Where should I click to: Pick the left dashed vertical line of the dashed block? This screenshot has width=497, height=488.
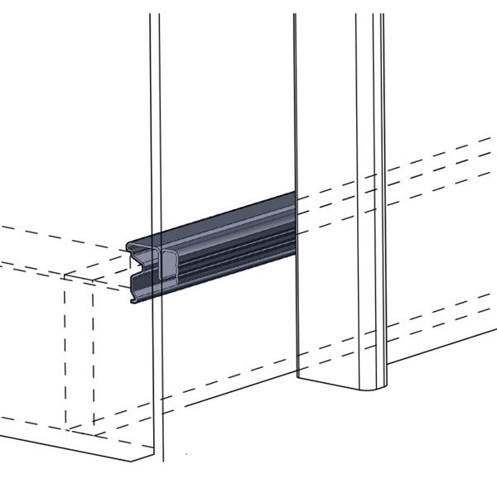(65, 356)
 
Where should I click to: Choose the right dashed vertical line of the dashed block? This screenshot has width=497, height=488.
(93, 356)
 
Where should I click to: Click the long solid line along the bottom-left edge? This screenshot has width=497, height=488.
(75, 438)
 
